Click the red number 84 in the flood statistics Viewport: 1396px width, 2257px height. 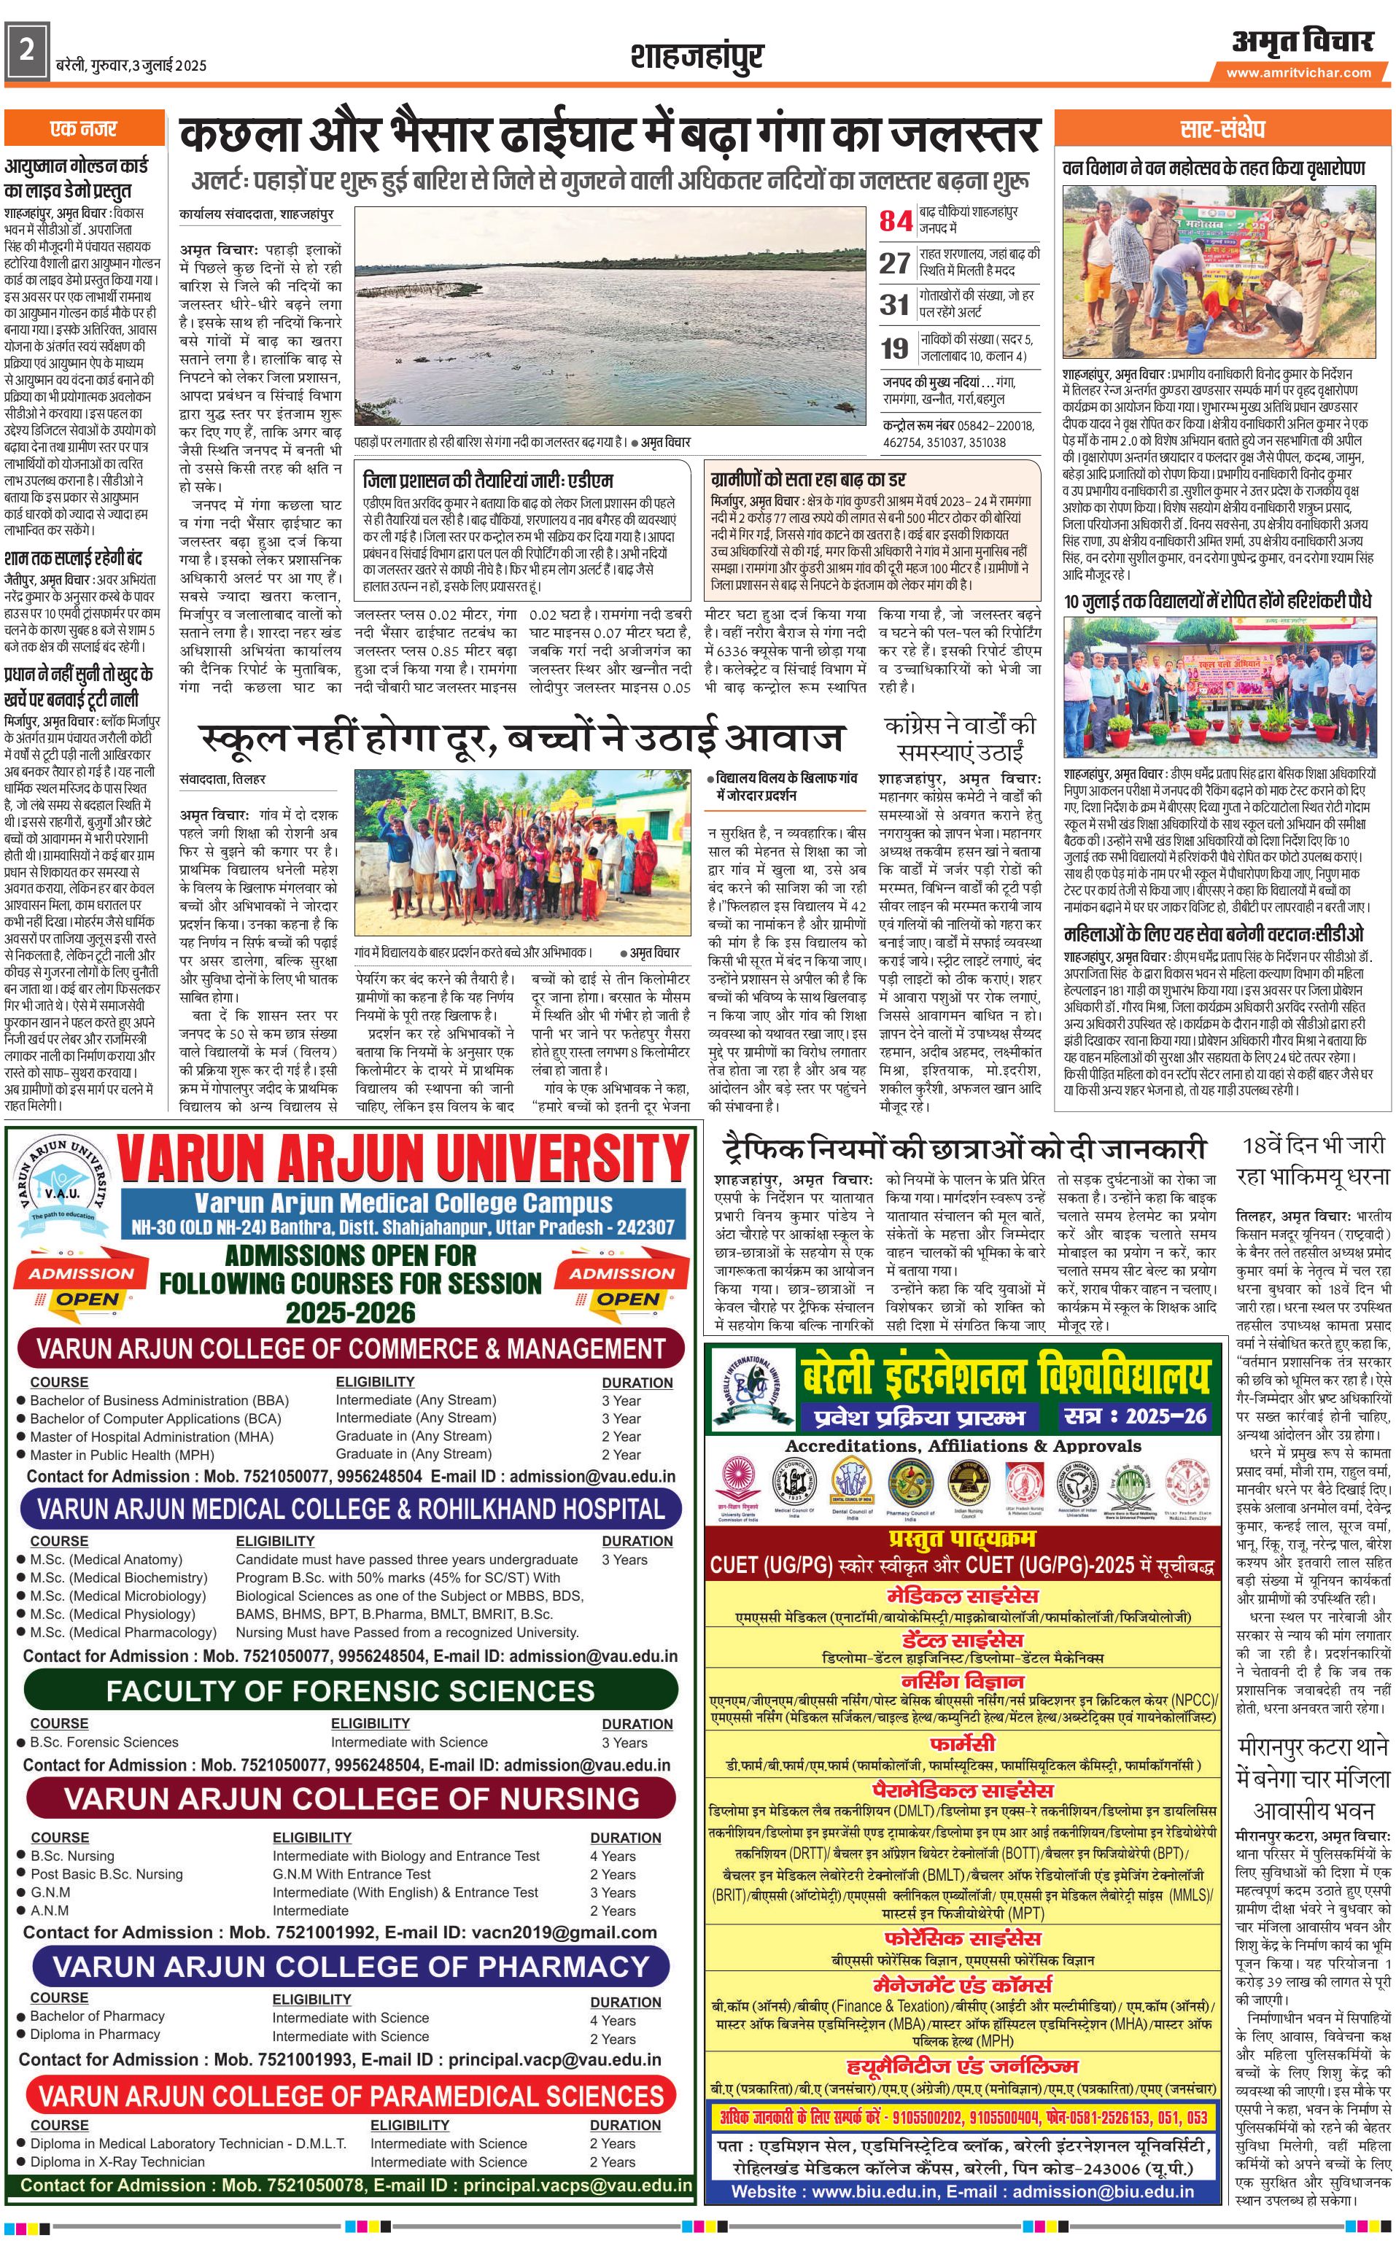click(896, 222)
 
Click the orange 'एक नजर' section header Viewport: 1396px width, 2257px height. click(84, 129)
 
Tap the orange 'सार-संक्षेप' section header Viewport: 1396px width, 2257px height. click(1222, 129)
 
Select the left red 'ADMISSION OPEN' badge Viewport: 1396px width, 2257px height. click(81, 1285)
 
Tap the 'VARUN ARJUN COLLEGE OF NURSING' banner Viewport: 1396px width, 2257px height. click(351, 1798)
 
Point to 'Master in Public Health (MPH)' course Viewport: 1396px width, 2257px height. click(122, 1454)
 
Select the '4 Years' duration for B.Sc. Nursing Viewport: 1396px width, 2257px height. click(613, 1855)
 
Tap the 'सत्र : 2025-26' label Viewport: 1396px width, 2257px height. click(1135, 1416)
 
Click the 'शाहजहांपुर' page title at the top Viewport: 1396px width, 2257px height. click(697, 57)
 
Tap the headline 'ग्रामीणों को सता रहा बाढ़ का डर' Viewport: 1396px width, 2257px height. click(808, 479)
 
